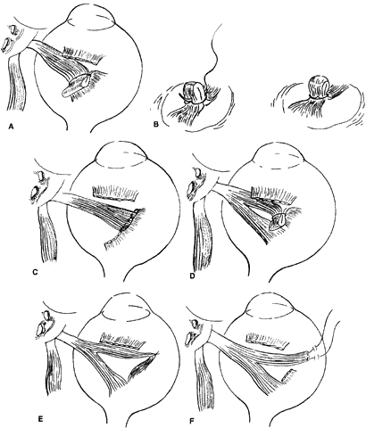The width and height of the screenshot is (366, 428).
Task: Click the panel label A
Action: tap(11, 127)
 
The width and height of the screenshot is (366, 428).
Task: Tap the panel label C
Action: tap(35, 272)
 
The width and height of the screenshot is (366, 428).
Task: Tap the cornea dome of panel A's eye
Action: tap(91, 16)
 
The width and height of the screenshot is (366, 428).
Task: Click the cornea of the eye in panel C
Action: tap(121, 157)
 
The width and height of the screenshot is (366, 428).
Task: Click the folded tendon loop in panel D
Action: tap(278, 221)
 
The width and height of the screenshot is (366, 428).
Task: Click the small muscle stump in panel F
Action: tap(288, 375)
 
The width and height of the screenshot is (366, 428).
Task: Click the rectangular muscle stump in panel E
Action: tap(122, 340)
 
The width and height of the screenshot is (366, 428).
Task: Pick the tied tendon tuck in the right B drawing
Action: tap(319, 86)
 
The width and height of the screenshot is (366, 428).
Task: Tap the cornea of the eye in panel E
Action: tap(126, 307)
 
